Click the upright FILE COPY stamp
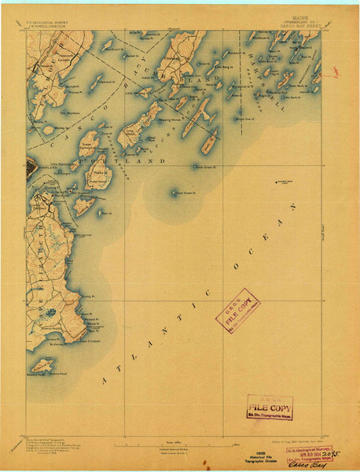tap(269, 406)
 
